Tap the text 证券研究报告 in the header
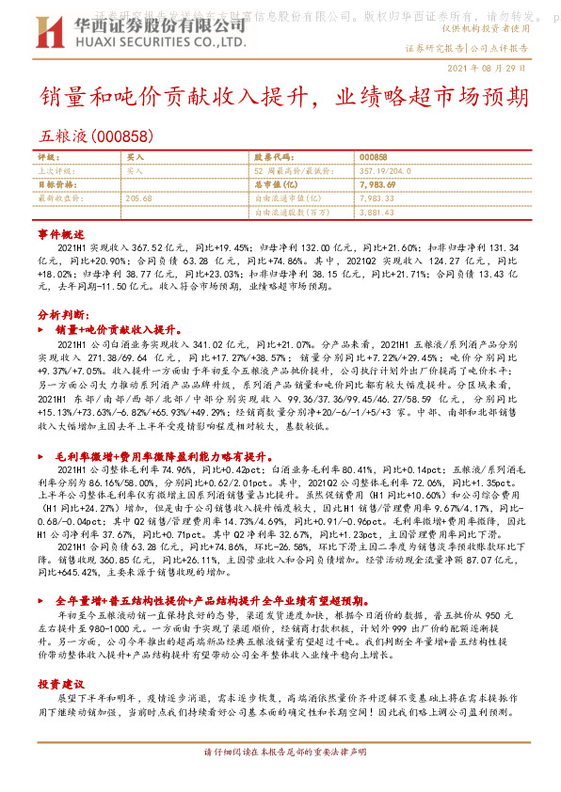coord(434,47)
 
